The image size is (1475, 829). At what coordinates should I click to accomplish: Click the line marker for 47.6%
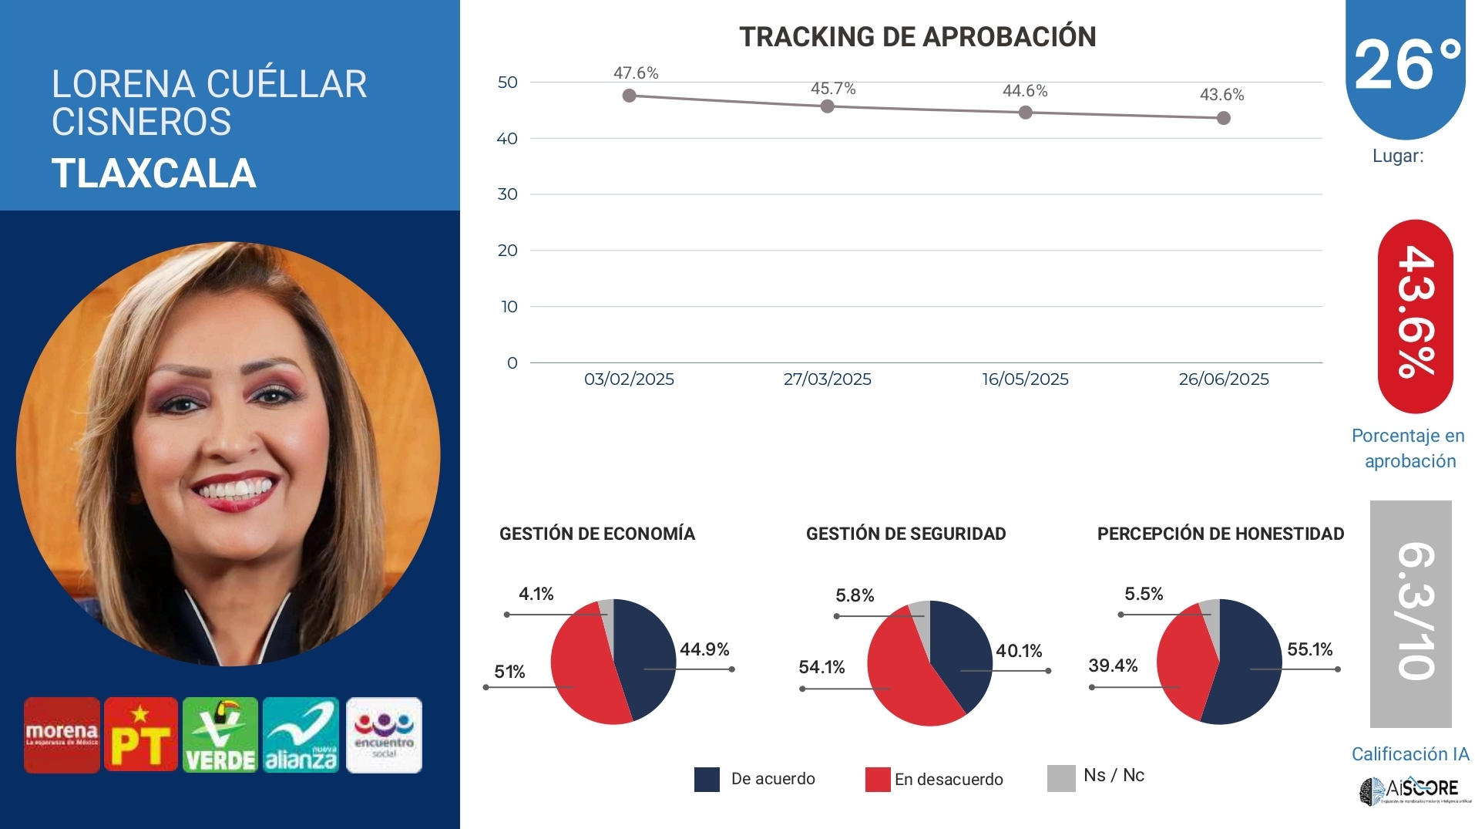coord(629,96)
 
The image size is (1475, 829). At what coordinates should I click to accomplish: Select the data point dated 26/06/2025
coord(1223,118)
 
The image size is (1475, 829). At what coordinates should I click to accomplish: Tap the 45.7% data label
coord(832,89)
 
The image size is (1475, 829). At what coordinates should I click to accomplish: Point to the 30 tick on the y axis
coord(507,194)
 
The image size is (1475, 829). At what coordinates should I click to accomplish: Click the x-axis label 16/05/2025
coord(1024,379)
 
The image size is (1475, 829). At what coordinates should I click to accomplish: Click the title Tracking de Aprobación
coord(917,36)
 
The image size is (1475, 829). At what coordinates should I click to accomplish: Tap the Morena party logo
coord(62,735)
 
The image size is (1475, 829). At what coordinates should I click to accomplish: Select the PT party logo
coord(141,735)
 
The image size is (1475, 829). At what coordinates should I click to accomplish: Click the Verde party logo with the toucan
coord(220,735)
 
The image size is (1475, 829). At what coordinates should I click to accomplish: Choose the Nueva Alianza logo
coord(301,735)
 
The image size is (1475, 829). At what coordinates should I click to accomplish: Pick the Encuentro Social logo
coord(384,735)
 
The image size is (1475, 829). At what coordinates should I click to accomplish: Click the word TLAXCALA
coord(153,174)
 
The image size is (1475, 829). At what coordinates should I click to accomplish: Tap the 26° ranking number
coord(1406,66)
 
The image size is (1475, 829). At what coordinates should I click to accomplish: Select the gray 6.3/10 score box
coord(1410,613)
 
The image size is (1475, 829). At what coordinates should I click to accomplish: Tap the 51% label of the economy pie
coord(509,672)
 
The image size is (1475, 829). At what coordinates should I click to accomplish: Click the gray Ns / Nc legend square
coord(1061,778)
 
